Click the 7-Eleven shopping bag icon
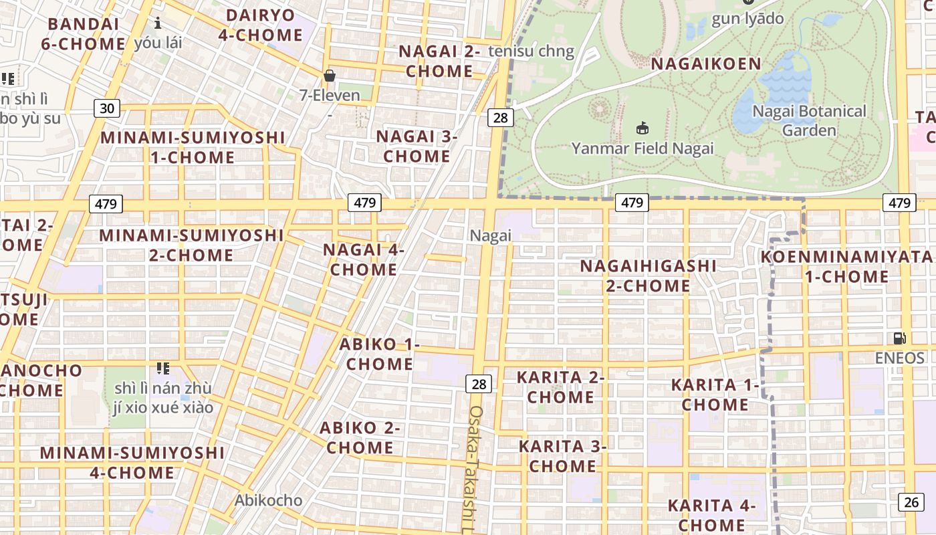pyautogui.click(x=329, y=76)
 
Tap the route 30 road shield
pyautogui.click(x=106, y=108)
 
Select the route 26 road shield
pyautogui.click(x=911, y=502)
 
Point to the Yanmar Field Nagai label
pyautogui.click(x=642, y=148)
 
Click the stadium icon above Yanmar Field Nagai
pyautogui.click(x=642, y=128)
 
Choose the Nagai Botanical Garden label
pyautogui.click(x=809, y=120)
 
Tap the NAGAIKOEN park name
pyautogui.click(x=706, y=64)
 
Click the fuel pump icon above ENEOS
pyautogui.click(x=900, y=339)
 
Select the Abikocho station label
pyautogui.click(x=268, y=500)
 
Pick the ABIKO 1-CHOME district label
pyautogui.click(x=379, y=354)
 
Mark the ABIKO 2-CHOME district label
pyautogui.click(x=360, y=437)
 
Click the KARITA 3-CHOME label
pyautogui.click(x=562, y=455)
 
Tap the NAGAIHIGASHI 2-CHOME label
pyautogui.click(x=648, y=276)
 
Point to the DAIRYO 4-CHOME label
pyautogui.click(x=261, y=25)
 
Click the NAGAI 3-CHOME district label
pyautogui.click(x=417, y=146)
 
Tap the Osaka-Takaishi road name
pyautogui.click(x=475, y=468)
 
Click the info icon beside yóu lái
pyautogui.click(x=158, y=23)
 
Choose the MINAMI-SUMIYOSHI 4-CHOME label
pyautogui.click(x=132, y=462)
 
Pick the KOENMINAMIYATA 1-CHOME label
pyautogui.click(x=846, y=266)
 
